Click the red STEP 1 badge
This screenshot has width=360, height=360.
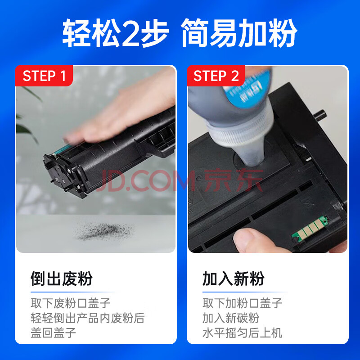tap(44, 76)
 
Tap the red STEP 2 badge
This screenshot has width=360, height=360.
tap(216, 76)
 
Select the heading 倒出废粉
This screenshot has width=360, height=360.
tap(62, 279)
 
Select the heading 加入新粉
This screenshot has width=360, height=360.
tap(233, 279)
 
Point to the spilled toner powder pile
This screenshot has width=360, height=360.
tap(103, 231)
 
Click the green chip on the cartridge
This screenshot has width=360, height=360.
tap(310, 229)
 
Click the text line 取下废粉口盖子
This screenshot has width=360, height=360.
tap(71, 303)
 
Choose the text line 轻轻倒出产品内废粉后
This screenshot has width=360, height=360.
tap(88, 318)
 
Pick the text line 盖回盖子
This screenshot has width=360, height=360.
tap(53, 333)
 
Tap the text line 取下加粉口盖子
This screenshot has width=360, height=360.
tap(242, 303)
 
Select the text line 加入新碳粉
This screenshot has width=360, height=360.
tap(231, 318)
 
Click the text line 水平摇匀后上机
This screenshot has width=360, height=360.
tap(242, 333)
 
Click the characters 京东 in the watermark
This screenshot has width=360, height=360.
tap(234, 180)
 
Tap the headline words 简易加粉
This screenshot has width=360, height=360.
tap(239, 33)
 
